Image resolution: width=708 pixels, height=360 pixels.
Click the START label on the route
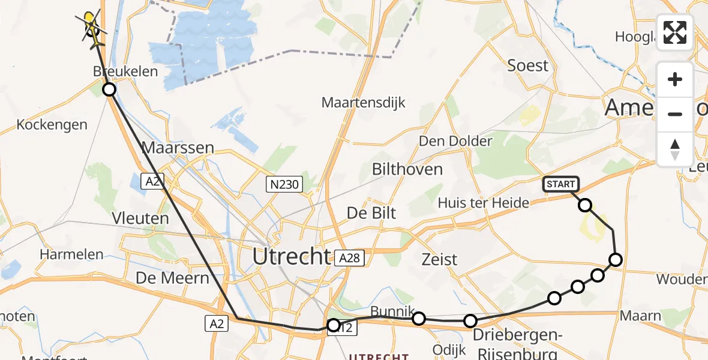(x=560, y=184)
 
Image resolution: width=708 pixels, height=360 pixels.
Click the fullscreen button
(x=675, y=32)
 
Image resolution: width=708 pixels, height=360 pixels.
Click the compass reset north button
(x=675, y=149)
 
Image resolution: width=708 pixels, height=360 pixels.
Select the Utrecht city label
(x=291, y=257)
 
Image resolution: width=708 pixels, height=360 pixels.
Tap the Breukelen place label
(x=125, y=71)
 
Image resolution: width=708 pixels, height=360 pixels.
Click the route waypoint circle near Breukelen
(x=109, y=90)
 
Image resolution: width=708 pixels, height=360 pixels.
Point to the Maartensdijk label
(x=364, y=103)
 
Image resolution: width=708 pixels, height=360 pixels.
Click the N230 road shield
(x=284, y=184)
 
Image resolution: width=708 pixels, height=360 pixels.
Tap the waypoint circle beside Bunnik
(x=419, y=318)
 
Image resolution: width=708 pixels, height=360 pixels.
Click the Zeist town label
(x=439, y=260)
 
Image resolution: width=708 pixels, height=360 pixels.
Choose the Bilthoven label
(x=407, y=169)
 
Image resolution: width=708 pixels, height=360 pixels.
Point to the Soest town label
(x=528, y=65)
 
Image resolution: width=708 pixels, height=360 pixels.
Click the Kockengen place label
(x=52, y=125)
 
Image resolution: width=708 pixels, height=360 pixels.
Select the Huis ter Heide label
(x=484, y=203)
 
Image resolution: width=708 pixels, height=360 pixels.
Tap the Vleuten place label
(x=140, y=218)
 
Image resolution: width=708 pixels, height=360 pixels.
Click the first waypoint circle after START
(x=584, y=205)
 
